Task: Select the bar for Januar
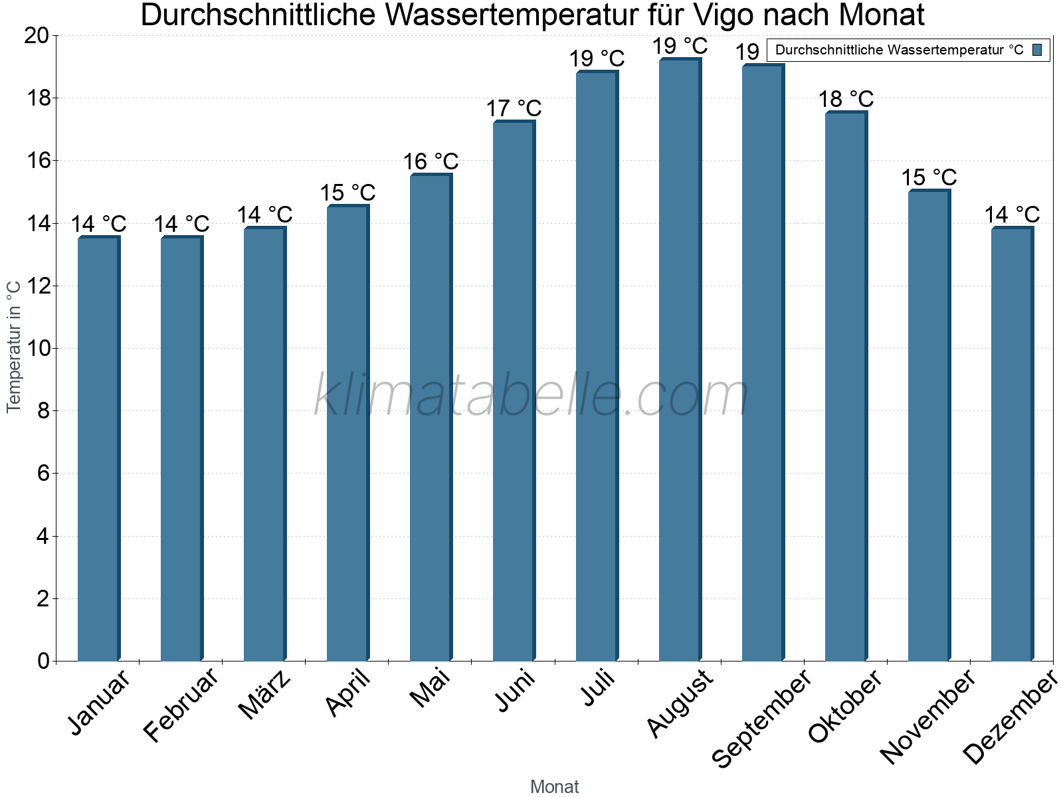point(98,449)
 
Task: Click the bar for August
point(680,360)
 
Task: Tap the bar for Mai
point(431,418)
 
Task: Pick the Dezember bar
point(1012,444)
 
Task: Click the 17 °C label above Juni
point(514,108)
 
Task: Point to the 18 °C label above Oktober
point(846,100)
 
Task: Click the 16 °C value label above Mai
point(431,161)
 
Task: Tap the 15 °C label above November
point(929,178)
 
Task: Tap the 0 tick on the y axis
point(43,661)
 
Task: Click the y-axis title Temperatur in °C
point(14,347)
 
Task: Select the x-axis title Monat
point(554,787)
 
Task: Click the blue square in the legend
point(1038,50)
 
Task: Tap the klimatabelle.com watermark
point(531,396)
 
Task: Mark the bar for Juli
point(597,367)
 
